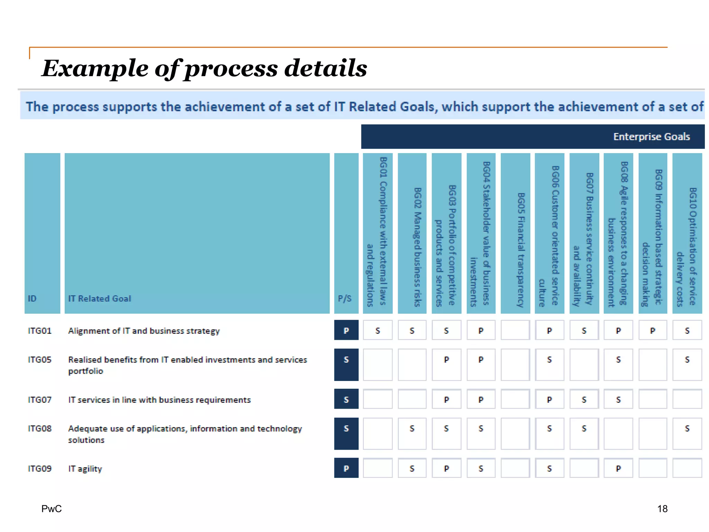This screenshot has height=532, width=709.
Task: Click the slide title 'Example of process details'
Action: [x=204, y=68]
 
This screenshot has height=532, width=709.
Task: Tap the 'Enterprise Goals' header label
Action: [x=651, y=137]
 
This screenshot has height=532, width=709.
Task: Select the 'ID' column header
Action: [x=32, y=299]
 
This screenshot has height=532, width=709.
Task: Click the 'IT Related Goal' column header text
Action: [x=100, y=299]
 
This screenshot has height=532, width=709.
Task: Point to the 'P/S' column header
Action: [x=345, y=299]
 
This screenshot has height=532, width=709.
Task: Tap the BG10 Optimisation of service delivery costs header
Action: [x=687, y=247]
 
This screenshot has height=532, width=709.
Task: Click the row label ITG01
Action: [x=39, y=331]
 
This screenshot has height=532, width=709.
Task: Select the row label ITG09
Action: [x=39, y=469]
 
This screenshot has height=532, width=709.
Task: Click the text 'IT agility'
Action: [x=85, y=469]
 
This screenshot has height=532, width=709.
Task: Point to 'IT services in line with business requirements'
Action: [x=159, y=400]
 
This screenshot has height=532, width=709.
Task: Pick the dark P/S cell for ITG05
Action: [x=346, y=364]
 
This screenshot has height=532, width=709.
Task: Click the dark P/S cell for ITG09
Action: [x=346, y=468]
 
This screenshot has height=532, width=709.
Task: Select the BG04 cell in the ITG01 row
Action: [x=481, y=330]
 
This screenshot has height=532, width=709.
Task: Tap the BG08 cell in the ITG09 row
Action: [x=618, y=468]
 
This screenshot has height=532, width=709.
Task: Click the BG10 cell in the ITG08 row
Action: [x=687, y=433]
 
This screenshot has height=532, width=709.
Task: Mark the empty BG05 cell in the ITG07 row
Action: [x=515, y=399]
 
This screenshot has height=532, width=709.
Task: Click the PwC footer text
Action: [x=52, y=508]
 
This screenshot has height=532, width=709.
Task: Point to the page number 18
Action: [x=662, y=508]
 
